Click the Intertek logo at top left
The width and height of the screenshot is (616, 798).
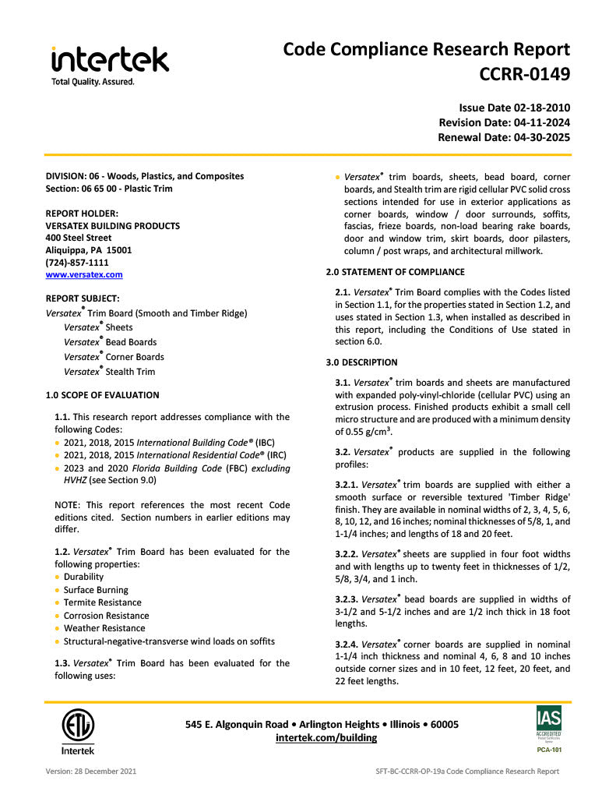point(110,64)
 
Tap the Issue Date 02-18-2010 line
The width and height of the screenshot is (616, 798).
point(514,108)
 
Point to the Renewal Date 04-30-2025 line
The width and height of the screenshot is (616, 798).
point(504,137)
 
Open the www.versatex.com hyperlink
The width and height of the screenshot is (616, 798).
point(84,274)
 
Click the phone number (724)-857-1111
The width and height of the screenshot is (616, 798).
point(77,263)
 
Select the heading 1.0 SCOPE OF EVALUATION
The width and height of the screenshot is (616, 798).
point(102,395)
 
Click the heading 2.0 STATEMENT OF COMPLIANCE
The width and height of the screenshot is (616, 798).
point(395,272)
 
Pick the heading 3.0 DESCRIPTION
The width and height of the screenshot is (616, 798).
point(361,362)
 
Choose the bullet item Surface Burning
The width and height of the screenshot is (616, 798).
point(96,590)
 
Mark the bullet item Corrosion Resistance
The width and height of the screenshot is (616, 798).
point(106,616)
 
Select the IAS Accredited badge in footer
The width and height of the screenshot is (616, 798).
point(548,724)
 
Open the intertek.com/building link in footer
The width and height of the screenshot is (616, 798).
point(326,737)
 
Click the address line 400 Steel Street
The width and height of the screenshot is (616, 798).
point(79,238)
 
